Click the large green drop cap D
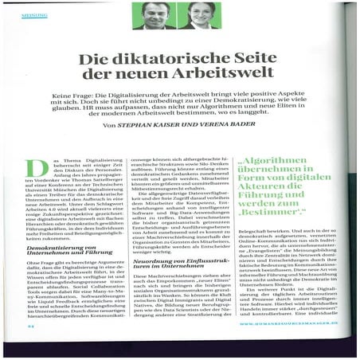[37, 169]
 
